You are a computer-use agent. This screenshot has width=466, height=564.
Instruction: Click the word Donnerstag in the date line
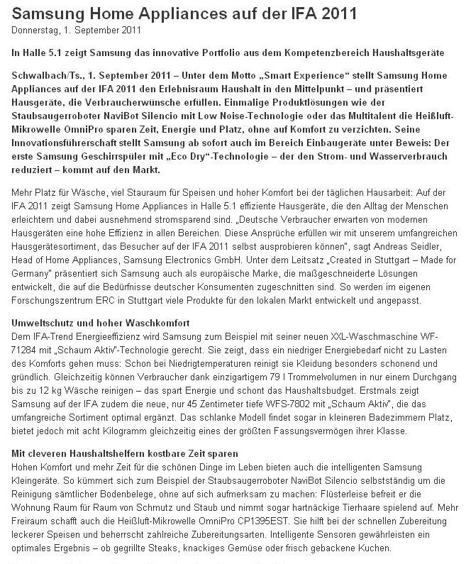[x=34, y=30]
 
